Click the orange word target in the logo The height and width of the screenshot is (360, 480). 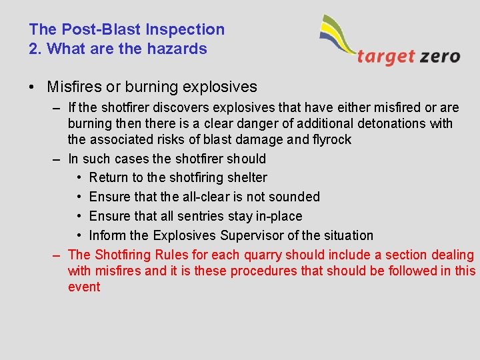pos(386,56)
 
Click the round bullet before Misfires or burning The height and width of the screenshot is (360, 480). pos(33,87)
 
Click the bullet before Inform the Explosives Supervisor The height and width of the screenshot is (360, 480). pos(79,235)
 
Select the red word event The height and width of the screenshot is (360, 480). pos(84,287)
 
